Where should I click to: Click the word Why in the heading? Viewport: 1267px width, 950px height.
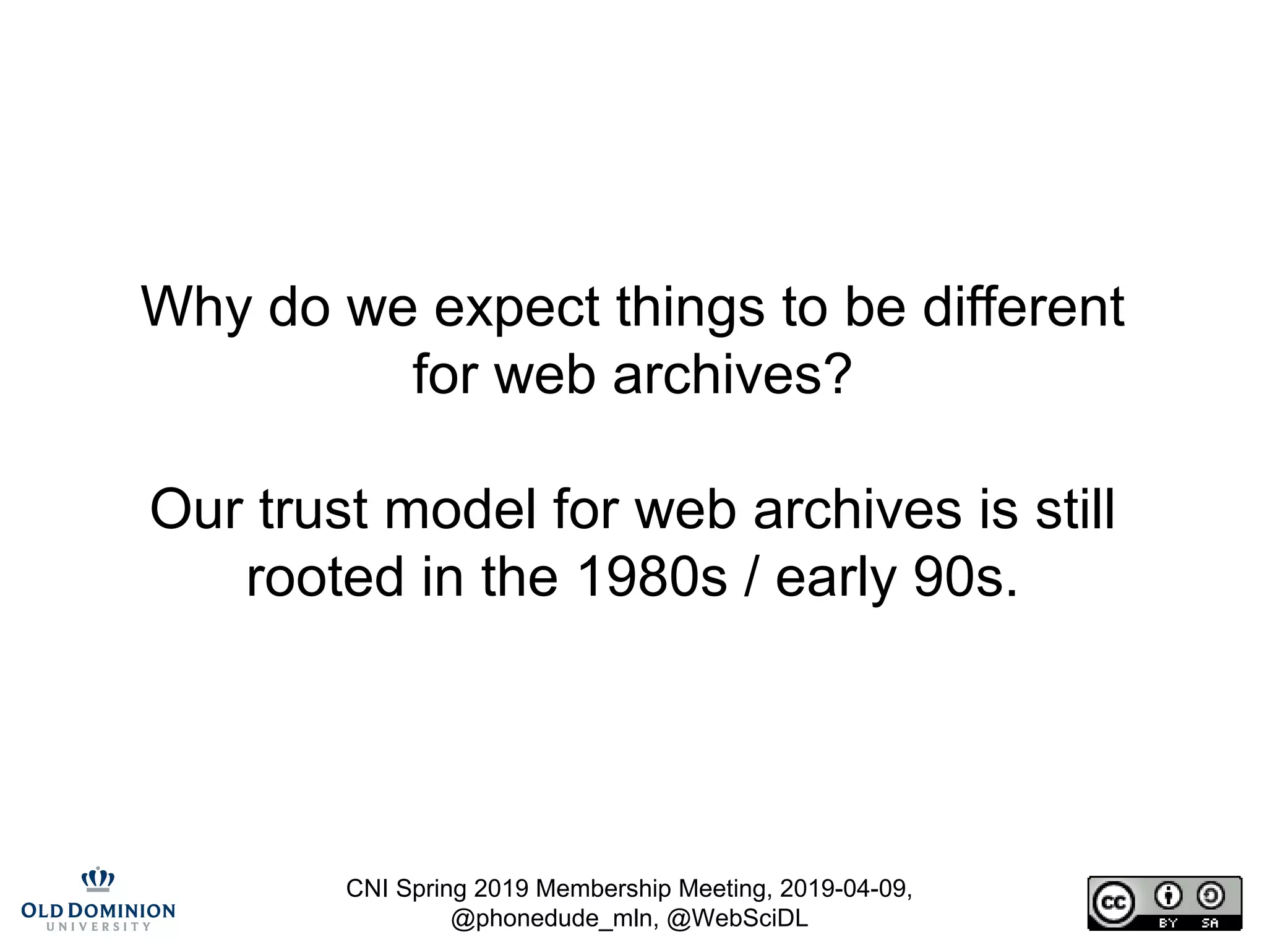pyautogui.click(x=196, y=307)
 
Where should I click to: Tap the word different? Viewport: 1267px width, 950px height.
pyautogui.click(x=1023, y=307)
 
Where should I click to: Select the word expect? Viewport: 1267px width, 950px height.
pyautogui.click(x=517, y=307)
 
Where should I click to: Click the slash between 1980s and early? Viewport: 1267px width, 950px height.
pyautogui.click(x=750, y=576)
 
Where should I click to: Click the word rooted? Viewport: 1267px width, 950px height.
pyautogui.click(x=325, y=576)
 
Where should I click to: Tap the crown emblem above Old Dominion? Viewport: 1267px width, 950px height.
pyautogui.click(x=98, y=879)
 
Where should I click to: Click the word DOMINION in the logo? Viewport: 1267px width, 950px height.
pyautogui.click(x=122, y=911)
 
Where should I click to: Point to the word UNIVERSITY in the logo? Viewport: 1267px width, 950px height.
pyautogui.click(x=98, y=926)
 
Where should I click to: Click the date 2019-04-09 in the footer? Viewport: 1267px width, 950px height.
pyautogui.click(x=844, y=889)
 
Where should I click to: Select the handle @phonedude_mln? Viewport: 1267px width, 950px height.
pyautogui.click(x=554, y=918)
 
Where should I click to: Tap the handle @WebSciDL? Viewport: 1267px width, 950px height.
pyautogui.click(x=737, y=918)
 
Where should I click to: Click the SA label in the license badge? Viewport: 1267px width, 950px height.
pyautogui.click(x=1209, y=923)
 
